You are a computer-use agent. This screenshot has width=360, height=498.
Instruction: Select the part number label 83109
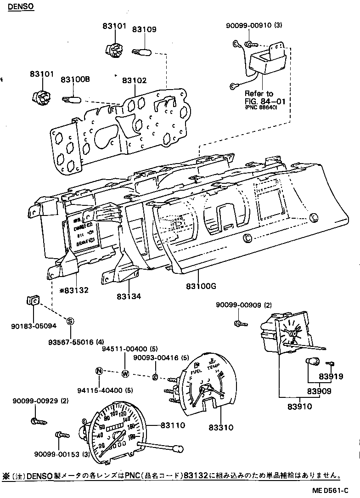[144, 29]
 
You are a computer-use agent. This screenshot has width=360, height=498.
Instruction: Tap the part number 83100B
[75, 79]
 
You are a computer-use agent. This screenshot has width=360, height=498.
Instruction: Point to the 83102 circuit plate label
[134, 80]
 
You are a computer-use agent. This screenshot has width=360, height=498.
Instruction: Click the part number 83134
[129, 297]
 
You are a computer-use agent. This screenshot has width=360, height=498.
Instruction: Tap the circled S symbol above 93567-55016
[70, 321]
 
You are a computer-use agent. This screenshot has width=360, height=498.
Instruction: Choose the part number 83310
[222, 427]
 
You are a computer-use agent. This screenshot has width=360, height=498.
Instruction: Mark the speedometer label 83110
[173, 425]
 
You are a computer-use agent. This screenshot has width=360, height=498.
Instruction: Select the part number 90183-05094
[34, 326]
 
